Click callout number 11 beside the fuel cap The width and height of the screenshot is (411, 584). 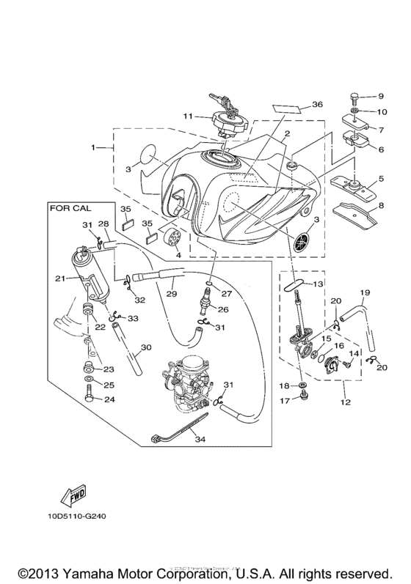[187, 116]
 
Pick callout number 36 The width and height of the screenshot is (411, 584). [317, 105]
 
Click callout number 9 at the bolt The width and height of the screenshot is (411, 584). [381, 96]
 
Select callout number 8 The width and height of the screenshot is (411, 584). [381, 216]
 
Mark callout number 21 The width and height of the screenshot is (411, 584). [61, 278]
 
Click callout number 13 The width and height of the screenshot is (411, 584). [317, 284]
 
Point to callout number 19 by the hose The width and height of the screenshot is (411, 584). [364, 292]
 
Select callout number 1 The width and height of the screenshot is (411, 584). [94, 147]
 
